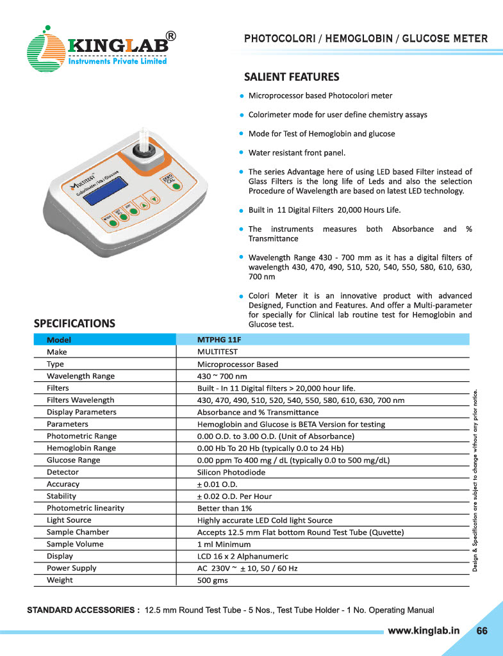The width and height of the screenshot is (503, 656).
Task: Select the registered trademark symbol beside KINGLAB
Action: coord(171,37)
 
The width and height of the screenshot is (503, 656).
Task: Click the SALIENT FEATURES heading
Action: coord(292,78)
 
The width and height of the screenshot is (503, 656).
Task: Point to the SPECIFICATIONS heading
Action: coord(74,323)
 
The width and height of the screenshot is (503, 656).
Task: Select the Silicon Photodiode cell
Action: coord(231,472)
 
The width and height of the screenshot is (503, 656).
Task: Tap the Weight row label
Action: coord(60,580)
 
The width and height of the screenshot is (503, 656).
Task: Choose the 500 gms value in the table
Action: coord(212,581)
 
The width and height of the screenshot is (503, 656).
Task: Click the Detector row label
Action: coord(63,472)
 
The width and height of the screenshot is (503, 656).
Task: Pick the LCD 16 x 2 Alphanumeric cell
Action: coord(242,557)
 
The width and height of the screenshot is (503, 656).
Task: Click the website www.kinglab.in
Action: coord(424,630)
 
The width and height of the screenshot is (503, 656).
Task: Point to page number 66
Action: coord(482,630)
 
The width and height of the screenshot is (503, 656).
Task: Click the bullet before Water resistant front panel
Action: coord(241,153)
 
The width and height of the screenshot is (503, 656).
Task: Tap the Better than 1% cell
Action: coord(224,509)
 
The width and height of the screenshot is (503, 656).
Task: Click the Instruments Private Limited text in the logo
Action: coord(117,61)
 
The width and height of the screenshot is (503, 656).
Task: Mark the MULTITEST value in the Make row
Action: coord(217,352)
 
